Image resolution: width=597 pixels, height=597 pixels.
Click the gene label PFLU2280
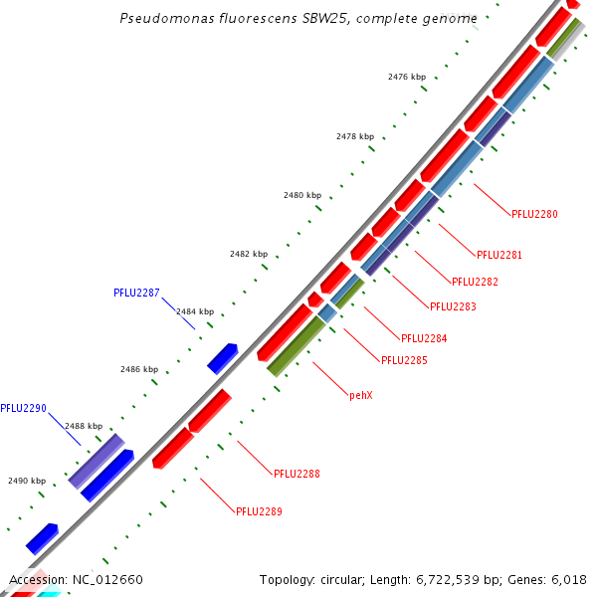(534, 214)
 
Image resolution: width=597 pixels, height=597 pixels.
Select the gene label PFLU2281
(499, 255)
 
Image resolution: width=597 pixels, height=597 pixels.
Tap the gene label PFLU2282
(475, 282)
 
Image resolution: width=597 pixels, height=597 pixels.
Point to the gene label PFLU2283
(453, 306)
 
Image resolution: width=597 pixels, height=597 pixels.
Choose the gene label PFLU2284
(424, 338)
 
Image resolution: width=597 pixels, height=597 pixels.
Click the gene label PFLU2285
(404, 360)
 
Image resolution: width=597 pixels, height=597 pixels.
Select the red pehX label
(360, 395)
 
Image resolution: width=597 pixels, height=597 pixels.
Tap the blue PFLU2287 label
(136, 294)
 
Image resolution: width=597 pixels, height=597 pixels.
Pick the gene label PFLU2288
(297, 474)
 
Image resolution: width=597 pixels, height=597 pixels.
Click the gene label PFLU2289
(260, 511)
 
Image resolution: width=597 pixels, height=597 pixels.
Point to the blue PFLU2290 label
(23, 408)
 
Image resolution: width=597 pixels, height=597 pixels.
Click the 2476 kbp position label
(407, 77)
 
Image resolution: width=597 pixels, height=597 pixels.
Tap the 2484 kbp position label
(195, 311)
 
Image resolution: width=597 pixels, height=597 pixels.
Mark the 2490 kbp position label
(27, 481)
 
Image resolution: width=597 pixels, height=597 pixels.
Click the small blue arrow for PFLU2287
(222, 357)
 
